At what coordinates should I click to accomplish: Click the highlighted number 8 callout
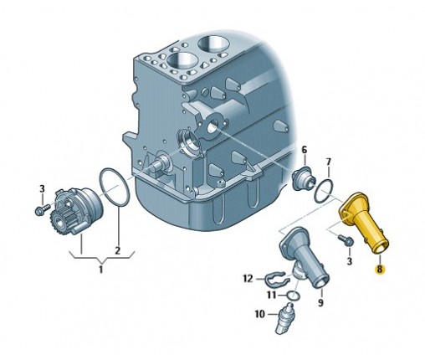380,270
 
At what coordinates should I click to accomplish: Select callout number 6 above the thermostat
305,150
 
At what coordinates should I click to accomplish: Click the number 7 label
328,162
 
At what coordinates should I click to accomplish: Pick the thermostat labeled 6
303,178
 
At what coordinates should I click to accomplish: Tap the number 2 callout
118,250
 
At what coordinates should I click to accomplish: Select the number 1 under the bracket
101,270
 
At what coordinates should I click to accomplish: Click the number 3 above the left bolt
42,188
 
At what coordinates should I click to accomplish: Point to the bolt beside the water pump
43,209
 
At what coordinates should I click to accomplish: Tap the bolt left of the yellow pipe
346,240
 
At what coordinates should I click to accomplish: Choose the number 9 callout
320,302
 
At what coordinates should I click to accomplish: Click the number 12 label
248,279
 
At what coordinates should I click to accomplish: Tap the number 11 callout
271,295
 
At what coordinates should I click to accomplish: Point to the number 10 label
259,315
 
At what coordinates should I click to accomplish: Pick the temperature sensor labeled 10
284,319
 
